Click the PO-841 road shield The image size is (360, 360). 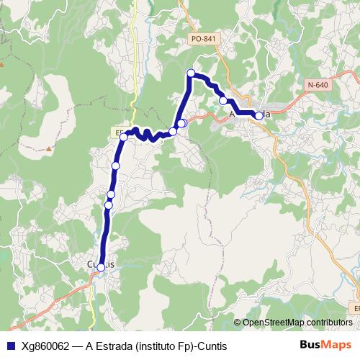pyautogui.click(x=204, y=39)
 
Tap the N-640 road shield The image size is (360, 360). pyautogui.click(x=317, y=85)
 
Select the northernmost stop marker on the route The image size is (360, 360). pyautogui.click(x=192, y=73)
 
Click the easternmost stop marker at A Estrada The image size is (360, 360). pyautogui.click(x=259, y=115)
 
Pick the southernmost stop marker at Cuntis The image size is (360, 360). pyautogui.click(x=101, y=267)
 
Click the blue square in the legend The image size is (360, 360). pyautogui.click(x=11, y=346)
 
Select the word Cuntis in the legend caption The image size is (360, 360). pyautogui.click(x=212, y=346)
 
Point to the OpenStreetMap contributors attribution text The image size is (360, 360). pyautogui.click(x=297, y=323)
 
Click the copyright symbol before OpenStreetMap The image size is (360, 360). pyautogui.click(x=238, y=323)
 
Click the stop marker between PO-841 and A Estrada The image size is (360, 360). pyautogui.click(x=223, y=100)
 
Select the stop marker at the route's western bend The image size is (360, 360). pyautogui.click(x=124, y=136)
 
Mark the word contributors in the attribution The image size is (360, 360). pyautogui.click(x=328, y=323)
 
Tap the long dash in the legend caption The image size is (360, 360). pyautogui.click(x=77, y=346)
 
